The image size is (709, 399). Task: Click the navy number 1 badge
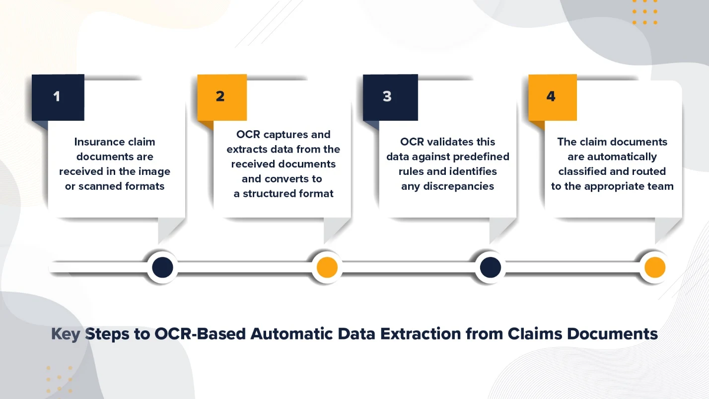(58, 97)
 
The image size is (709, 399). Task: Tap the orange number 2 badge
(221, 97)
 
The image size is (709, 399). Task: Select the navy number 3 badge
(390, 97)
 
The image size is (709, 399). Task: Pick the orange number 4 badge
(552, 97)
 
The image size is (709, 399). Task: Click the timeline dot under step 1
(162, 268)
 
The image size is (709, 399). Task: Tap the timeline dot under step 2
(327, 268)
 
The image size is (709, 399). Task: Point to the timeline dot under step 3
(490, 268)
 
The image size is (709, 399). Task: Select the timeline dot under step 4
(654, 268)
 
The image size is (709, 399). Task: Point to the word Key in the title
(66, 334)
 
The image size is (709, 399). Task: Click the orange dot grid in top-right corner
(645, 12)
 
